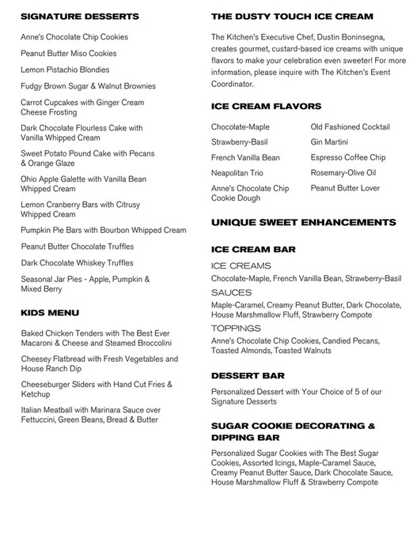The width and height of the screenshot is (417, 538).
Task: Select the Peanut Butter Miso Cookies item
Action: point(69,54)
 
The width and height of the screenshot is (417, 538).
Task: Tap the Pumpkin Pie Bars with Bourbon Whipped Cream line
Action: point(104,230)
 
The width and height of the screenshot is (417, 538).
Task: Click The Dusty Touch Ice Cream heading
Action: point(292,16)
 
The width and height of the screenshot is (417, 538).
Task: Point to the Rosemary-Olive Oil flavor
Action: point(343,173)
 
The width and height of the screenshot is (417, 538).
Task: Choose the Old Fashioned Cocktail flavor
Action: point(351,126)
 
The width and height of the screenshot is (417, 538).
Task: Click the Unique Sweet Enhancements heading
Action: point(304,224)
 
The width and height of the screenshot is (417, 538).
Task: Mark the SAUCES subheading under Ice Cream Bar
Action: point(232,292)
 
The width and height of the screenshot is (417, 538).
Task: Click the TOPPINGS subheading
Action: point(237,328)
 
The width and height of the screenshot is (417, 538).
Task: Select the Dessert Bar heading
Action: point(248,375)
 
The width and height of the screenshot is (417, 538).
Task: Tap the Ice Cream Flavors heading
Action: point(266,106)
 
